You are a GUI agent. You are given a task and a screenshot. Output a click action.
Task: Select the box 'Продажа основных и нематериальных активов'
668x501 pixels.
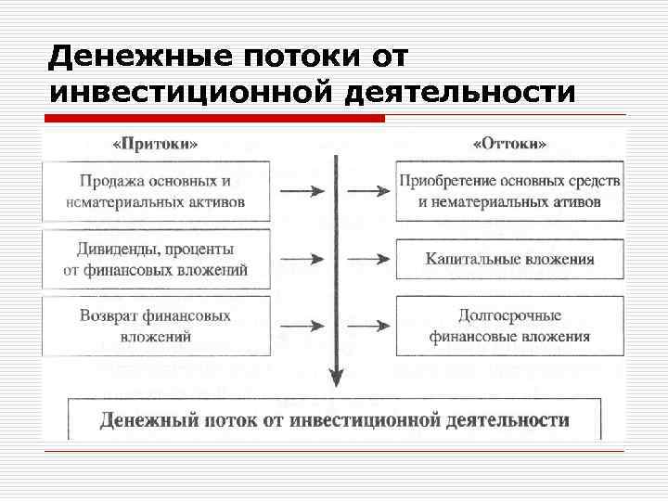point(156,191)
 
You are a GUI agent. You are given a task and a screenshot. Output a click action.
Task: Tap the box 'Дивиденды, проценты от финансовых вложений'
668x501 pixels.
point(156,259)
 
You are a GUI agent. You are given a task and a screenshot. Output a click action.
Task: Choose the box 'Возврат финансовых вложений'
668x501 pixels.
point(156,326)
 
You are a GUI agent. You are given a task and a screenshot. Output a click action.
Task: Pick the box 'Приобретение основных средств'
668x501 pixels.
point(509,191)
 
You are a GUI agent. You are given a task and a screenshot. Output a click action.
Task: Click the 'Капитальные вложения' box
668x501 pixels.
point(509,259)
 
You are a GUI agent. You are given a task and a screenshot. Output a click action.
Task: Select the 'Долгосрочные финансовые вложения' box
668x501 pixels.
point(509,326)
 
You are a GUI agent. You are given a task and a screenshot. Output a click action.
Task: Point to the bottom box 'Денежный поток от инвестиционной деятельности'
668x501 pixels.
point(334,420)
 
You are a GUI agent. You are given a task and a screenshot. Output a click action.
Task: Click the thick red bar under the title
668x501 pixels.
point(214,119)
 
